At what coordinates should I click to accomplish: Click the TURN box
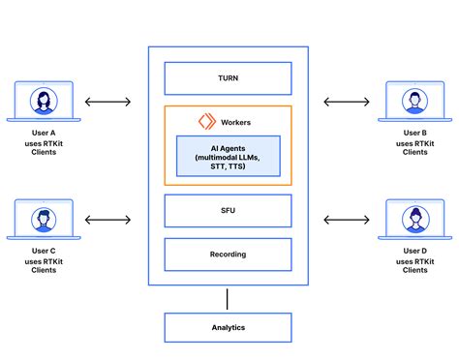[229, 78]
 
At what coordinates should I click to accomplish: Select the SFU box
[229, 210]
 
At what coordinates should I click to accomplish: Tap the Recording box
[229, 255]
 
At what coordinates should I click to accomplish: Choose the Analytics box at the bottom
[229, 328]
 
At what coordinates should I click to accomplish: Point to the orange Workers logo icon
[206, 121]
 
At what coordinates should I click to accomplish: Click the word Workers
[236, 121]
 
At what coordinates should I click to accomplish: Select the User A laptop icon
[43, 102]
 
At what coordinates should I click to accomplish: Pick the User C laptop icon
[43, 221]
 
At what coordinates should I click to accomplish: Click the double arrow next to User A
[108, 101]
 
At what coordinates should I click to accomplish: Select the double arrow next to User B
[348, 101]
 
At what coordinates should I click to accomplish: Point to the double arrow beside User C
[108, 221]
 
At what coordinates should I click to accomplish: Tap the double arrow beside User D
[348, 221]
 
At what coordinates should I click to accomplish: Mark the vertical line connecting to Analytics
[229, 299]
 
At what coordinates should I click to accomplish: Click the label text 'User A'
[43, 132]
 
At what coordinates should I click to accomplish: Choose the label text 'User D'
[415, 251]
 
